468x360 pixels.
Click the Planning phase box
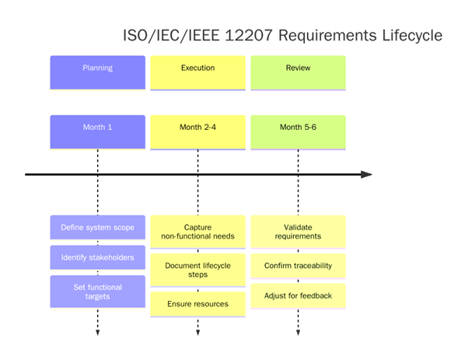coord(97,72)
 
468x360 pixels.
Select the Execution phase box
coord(197,72)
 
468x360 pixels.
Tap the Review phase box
coord(298,72)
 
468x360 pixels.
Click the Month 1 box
coord(97,131)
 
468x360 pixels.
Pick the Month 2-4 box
coord(197,131)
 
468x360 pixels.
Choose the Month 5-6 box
coord(298,131)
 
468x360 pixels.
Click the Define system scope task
coord(97,228)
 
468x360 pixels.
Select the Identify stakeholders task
coord(97,257)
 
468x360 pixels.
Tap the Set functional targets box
coord(97,292)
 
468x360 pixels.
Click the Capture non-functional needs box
coord(197,232)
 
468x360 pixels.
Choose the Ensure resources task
coord(197,303)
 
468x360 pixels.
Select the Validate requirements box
coord(298,232)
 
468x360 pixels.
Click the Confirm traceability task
coord(298,266)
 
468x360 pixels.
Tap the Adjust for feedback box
coord(298,295)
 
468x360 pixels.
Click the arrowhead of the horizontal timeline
coord(367,174)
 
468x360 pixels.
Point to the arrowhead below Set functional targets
coord(97,333)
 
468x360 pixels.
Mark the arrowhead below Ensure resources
coord(197,333)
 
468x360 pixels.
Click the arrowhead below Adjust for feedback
coord(298,333)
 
